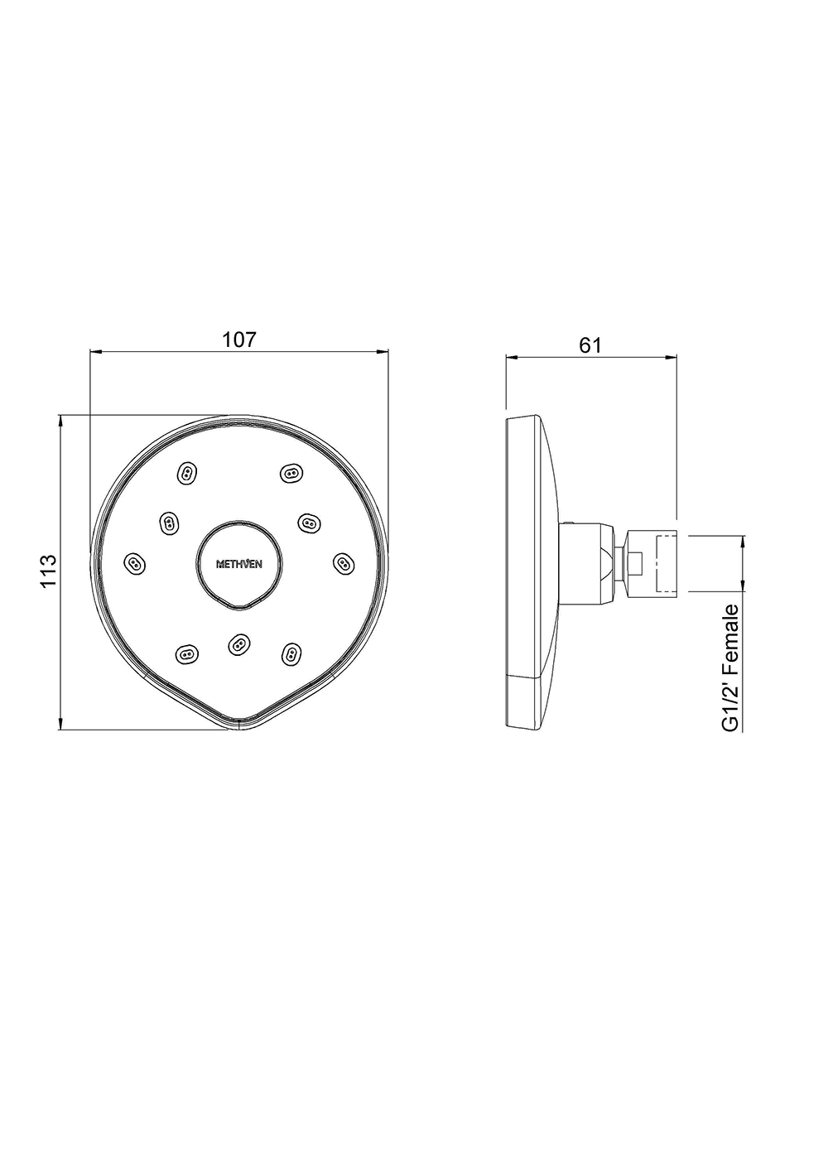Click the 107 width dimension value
point(239,339)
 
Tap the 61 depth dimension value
point(590,345)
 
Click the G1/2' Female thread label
point(730,667)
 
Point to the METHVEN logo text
point(239,565)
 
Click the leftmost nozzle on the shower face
point(133,563)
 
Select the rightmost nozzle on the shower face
point(342,563)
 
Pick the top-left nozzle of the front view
point(187,474)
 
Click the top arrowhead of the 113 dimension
point(60,420)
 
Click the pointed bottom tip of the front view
point(239,727)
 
